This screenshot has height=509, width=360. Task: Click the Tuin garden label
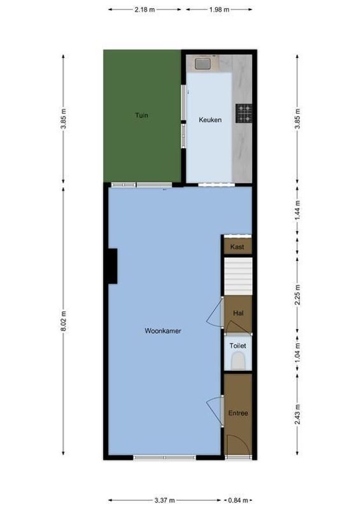(x=141, y=115)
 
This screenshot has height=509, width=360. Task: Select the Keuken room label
(x=210, y=119)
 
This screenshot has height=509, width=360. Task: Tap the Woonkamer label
(x=163, y=330)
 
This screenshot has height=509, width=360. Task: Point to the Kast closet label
(x=237, y=246)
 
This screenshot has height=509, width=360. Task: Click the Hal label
(x=239, y=312)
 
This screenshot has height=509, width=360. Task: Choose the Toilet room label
(x=238, y=345)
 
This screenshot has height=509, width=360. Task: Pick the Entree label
(x=238, y=413)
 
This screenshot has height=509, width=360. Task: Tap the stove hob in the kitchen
(x=244, y=113)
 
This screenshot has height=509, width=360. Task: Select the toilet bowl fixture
(x=238, y=362)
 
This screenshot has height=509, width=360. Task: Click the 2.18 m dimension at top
(x=146, y=10)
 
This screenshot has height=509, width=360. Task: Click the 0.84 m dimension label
(x=240, y=500)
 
